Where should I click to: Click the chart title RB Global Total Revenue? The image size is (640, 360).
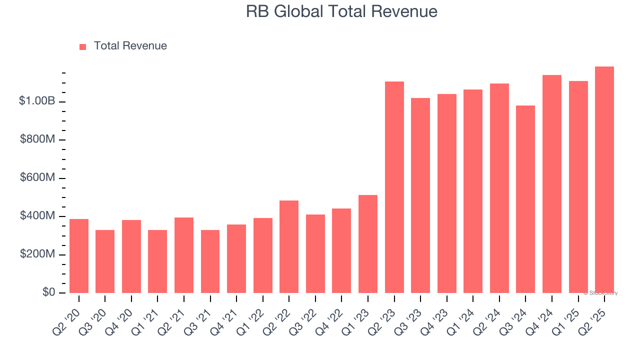(x=341, y=11)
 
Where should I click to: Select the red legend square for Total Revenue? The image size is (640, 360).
(x=83, y=46)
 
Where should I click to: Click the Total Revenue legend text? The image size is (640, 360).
(x=130, y=46)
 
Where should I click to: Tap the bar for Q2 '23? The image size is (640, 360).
(x=394, y=187)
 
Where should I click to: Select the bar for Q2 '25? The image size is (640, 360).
(x=604, y=180)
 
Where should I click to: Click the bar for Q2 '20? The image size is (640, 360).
(x=79, y=256)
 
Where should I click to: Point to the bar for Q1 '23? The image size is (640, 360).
(x=368, y=244)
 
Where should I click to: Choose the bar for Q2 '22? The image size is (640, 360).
(x=289, y=247)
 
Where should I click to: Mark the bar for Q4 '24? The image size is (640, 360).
(x=552, y=184)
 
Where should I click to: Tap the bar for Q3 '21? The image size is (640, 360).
(x=210, y=261)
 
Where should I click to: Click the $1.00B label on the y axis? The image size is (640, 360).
(x=37, y=101)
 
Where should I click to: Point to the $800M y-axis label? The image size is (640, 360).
(x=37, y=139)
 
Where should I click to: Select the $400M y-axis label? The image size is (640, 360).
(x=37, y=216)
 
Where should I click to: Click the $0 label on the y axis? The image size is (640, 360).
(x=48, y=292)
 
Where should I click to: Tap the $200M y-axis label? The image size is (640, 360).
(x=37, y=254)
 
